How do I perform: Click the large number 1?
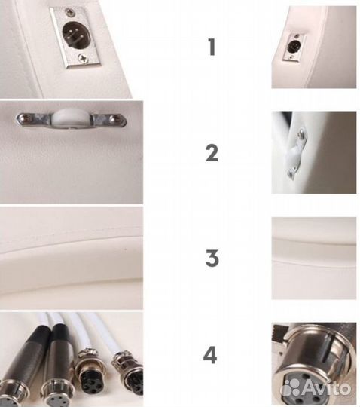pyautogui.click(x=212, y=47)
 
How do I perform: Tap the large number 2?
pyautogui.click(x=212, y=154)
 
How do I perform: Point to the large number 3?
pyautogui.click(x=212, y=258)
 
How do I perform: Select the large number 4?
pyautogui.click(x=210, y=355)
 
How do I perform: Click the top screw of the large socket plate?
pyautogui.click(x=69, y=11)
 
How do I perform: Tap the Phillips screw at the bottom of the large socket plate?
pyautogui.click(x=84, y=57)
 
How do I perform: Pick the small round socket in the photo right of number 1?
pyautogui.click(x=293, y=46)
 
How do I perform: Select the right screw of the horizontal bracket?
pyautogui.click(x=114, y=118)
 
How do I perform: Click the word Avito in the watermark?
pyautogui.click(x=326, y=388)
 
